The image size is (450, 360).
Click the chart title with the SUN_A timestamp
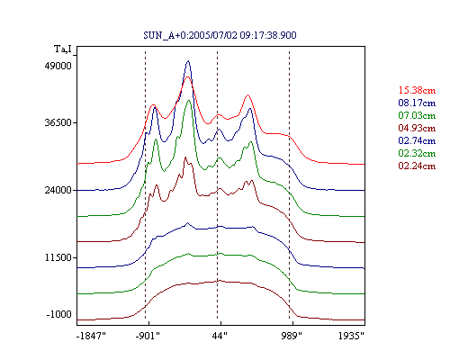click(220, 35)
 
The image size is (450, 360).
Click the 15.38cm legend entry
click(417, 90)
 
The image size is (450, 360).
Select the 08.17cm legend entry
click(417, 103)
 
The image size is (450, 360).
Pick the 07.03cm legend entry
click(417, 115)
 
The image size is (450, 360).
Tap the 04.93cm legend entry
click(417, 128)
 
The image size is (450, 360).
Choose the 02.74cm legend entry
click(417, 140)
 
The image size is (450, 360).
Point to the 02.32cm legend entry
click(417, 153)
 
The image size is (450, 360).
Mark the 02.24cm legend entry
click(417, 166)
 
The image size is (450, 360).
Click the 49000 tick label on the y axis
click(58, 66)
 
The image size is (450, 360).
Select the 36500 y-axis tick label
click(58, 122)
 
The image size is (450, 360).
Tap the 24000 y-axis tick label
click(58, 190)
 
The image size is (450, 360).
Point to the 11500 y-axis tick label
click(58, 257)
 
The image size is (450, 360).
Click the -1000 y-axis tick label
click(59, 314)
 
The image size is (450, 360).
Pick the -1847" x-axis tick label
click(91, 336)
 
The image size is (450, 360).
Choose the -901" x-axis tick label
click(148, 336)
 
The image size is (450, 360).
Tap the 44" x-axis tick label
click(220, 336)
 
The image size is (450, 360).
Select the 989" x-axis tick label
click(292, 336)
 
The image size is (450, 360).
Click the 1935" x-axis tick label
click(351, 336)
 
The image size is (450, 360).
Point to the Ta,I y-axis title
click(63, 49)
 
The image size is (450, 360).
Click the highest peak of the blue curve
click(188, 61)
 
